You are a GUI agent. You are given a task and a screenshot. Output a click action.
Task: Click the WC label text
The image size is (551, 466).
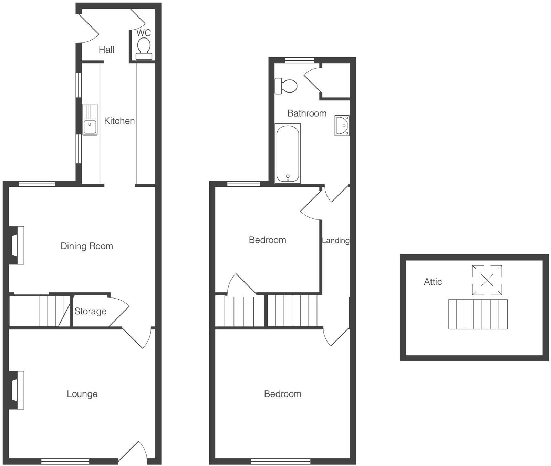[x=144, y=33]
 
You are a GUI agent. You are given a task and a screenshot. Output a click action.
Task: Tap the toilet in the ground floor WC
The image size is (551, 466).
[x=144, y=48]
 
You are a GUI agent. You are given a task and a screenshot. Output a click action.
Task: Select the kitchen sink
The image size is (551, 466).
[x=90, y=119]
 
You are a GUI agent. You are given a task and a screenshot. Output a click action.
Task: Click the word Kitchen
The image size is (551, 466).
[x=119, y=121]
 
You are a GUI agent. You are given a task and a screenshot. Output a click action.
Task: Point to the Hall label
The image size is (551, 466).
[x=106, y=50]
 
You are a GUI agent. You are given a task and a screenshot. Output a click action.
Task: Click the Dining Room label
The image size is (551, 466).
[x=87, y=246]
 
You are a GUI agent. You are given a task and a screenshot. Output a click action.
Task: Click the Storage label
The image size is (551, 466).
[x=91, y=312]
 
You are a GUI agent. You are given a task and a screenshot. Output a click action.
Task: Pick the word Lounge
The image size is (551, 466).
[x=82, y=394]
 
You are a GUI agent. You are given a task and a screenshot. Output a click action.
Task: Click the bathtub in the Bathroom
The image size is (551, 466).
[x=288, y=154]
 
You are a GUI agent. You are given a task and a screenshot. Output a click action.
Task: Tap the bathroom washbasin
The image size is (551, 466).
[x=342, y=126]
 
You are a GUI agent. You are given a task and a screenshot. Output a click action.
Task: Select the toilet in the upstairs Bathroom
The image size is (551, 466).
[x=286, y=86]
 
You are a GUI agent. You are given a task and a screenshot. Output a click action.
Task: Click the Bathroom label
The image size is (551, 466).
[x=307, y=113]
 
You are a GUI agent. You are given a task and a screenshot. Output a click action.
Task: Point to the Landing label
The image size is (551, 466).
[x=335, y=241]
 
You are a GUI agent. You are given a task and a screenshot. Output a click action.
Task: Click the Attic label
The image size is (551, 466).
[x=433, y=282]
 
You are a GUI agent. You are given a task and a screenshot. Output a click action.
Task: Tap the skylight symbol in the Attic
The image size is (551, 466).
[x=487, y=280]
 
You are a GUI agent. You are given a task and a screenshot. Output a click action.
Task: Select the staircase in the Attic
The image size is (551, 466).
[x=478, y=314]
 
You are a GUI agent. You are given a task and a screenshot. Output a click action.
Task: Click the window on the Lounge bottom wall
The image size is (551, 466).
[x=65, y=461]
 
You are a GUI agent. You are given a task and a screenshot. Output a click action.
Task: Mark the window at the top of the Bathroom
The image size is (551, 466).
[x=300, y=61]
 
